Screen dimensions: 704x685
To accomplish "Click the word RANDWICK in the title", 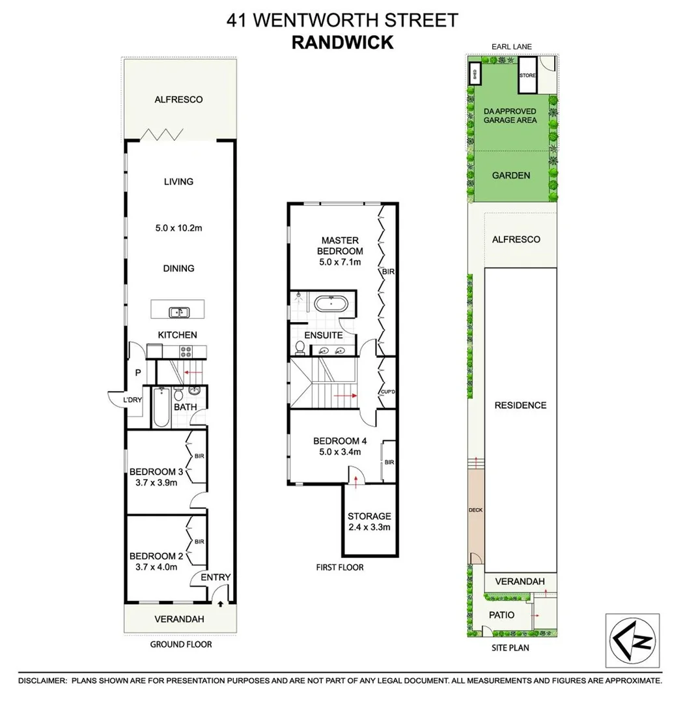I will [342, 42].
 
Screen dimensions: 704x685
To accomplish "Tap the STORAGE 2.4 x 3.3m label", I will [369, 521].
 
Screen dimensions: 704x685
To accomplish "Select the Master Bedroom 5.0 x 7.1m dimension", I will [339, 262].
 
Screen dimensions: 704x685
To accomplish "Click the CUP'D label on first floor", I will [389, 392].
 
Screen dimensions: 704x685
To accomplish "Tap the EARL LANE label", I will [514, 47].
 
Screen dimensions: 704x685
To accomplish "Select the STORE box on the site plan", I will [527, 75].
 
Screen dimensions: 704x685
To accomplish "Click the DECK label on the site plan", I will [476, 510].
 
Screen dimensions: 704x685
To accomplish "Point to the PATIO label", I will [501, 615].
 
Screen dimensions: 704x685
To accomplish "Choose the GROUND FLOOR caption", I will [181, 644].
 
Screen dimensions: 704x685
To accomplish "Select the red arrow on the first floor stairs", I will [344, 395].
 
